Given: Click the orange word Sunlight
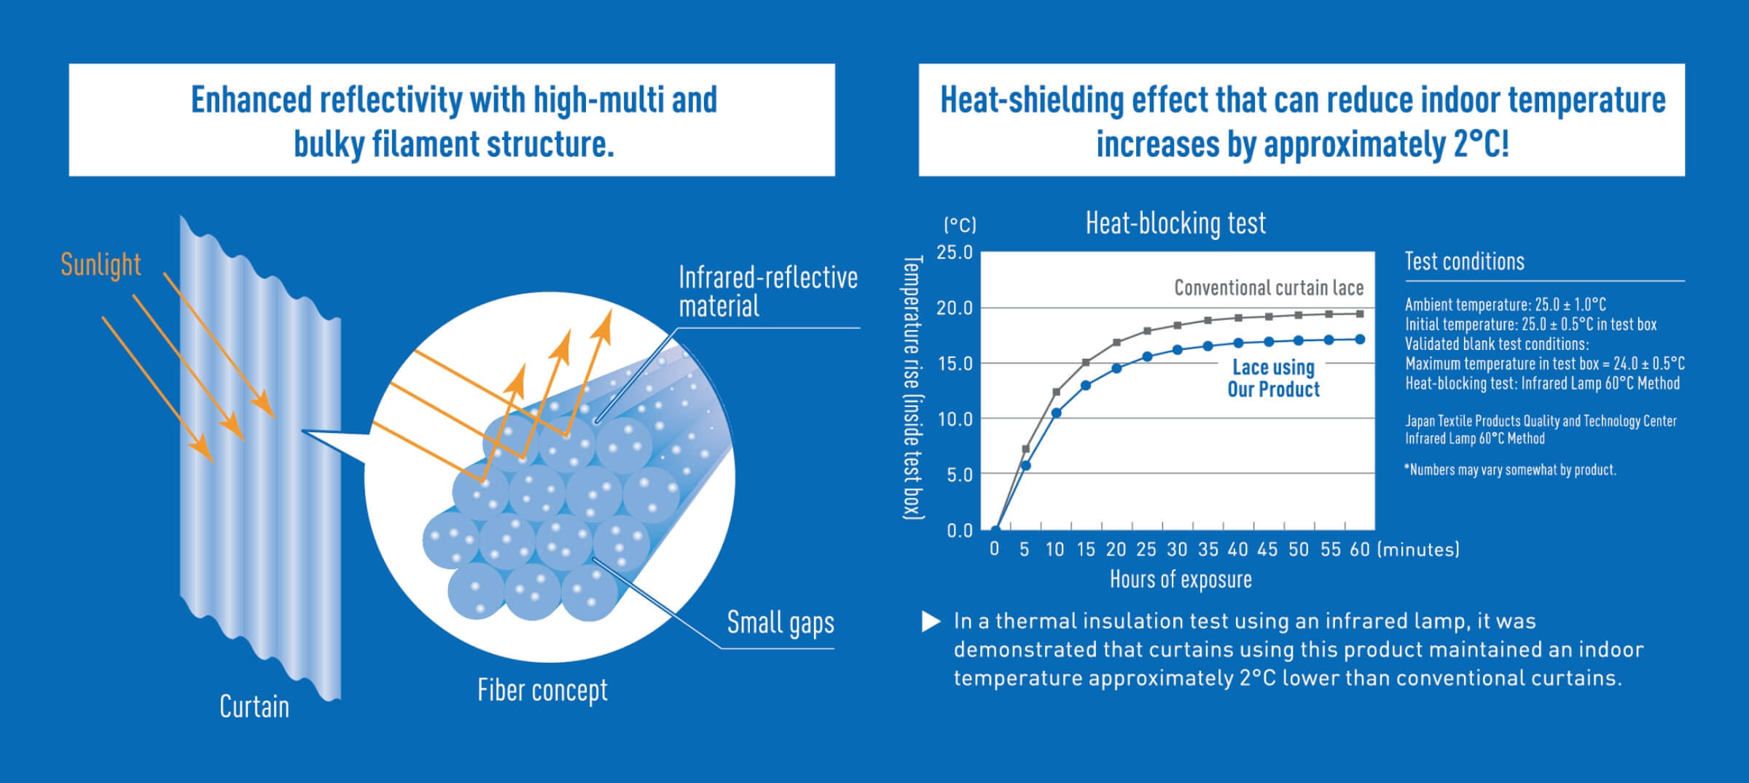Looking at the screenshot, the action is [x=101, y=265].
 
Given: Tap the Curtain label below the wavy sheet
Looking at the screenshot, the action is [x=254, y=706].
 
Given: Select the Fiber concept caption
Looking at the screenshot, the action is [x=542, y=690].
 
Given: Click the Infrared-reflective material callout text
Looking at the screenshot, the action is [x=768, y=292].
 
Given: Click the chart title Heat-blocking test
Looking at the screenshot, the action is [x=1175, y=223].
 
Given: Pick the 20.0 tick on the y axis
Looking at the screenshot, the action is [x=955, y=308].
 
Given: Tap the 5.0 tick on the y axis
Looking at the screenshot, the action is [x=959, y=475].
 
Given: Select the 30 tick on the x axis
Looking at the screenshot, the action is [x=1177, y=550].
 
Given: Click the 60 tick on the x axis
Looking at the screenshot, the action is [x=1360, y=550].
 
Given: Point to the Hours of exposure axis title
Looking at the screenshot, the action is [x=1181, y=580].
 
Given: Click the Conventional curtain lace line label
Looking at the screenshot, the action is [x=1269, y=288].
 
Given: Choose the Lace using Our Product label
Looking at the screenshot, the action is [x=1274, y=378].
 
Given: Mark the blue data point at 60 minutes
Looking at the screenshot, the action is [x=1360, y=339].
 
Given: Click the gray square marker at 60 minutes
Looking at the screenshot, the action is [x=1360, y=314].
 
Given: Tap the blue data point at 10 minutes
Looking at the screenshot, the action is [x=1056, y=413].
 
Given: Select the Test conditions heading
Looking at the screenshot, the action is [x=1465, y=261].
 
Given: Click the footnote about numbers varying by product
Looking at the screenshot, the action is [x=1510, y=470].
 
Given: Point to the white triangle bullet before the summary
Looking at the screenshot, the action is [x=931, y=621].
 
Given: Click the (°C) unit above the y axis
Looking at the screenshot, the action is [x=960, y=225].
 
